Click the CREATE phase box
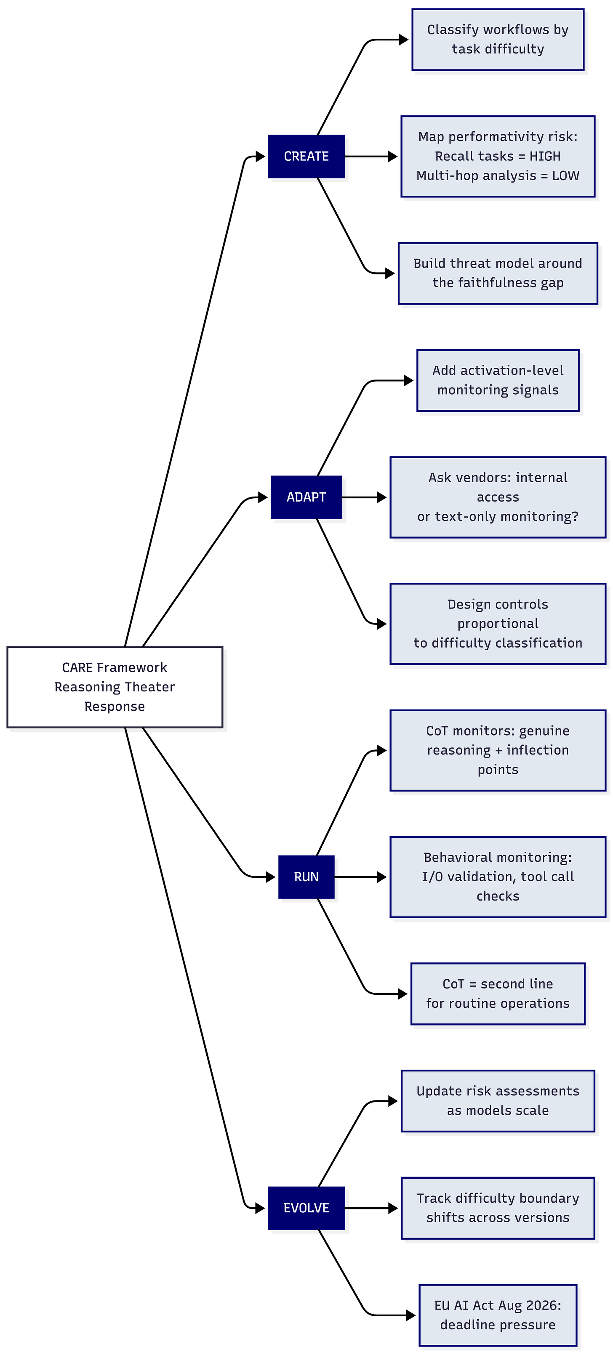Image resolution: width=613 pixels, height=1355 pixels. tap(306, 156)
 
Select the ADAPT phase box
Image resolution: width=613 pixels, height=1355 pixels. tap(306, 497)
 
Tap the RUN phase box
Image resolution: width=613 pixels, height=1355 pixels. tap(306, 876)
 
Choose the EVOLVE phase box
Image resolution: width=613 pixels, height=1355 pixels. tap(306, 1208)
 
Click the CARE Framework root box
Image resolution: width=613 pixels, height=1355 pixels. tap(115, 687)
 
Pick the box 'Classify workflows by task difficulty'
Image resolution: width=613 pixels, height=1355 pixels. tap(498, 40)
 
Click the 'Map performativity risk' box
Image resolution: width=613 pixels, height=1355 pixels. tap(498, 156)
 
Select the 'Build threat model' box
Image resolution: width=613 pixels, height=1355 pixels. tap(498, 273)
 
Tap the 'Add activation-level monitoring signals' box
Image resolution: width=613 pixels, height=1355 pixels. tap(498, 380)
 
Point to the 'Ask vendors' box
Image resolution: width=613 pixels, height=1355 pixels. tap(498, 497)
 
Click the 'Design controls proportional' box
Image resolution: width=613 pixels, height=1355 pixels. tap(498, 623)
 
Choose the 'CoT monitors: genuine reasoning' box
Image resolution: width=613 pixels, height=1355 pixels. tap(498, 750)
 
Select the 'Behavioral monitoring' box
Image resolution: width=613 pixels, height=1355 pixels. tap(498, 876)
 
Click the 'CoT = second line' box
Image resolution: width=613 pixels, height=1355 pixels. tap(498, 994)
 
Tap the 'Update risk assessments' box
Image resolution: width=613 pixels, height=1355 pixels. tap(498, 1100)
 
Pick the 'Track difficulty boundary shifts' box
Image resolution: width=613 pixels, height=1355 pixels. tap(498, 1208)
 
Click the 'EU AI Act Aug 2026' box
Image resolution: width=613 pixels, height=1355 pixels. tap(498, 1315)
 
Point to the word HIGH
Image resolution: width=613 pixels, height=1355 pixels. tap(545, 156)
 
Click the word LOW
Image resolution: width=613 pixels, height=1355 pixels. tap(566, 176)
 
